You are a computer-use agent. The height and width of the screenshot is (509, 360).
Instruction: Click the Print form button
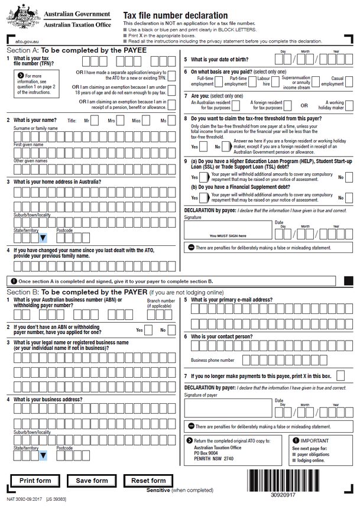click(35, 481)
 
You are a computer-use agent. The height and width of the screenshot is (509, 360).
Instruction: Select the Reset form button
click(149, 481)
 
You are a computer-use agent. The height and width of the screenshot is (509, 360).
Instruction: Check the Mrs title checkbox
click(121, 121)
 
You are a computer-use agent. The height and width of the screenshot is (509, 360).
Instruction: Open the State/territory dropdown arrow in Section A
click(43, 238)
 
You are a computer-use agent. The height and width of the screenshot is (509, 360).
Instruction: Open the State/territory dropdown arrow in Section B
click(43, 456)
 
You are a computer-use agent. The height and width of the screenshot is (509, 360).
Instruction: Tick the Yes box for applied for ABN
click(148, 330)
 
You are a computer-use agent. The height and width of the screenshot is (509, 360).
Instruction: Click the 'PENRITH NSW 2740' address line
click(213, 459)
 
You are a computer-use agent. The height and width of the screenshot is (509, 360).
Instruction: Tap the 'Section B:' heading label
click(22, 292)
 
